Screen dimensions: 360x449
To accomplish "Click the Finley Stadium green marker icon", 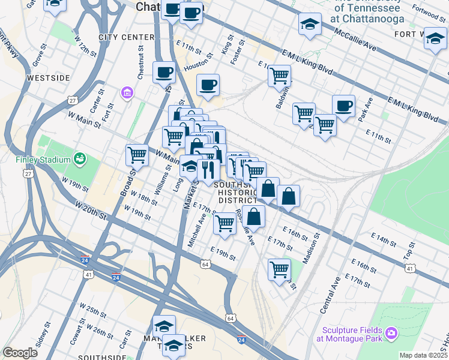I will click(x=79, y=159).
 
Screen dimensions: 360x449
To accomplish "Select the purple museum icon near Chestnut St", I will click(x=127, y=92).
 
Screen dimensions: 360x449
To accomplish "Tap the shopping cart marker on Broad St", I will click(x=137, y=155).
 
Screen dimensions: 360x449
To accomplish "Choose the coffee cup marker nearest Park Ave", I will click(x=343, y=106).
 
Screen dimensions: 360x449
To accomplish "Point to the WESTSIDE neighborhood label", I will click(x=49, y=78).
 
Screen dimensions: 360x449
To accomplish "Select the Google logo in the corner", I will click(x=20, y=353).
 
